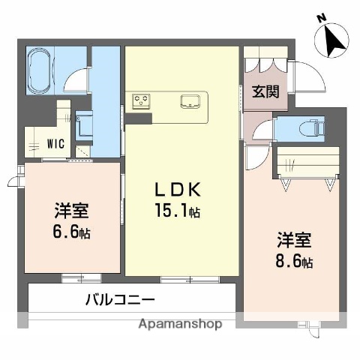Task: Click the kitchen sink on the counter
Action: tap(189, 100)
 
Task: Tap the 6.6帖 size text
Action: tap(73, 232)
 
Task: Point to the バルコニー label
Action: tap(120, 299)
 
